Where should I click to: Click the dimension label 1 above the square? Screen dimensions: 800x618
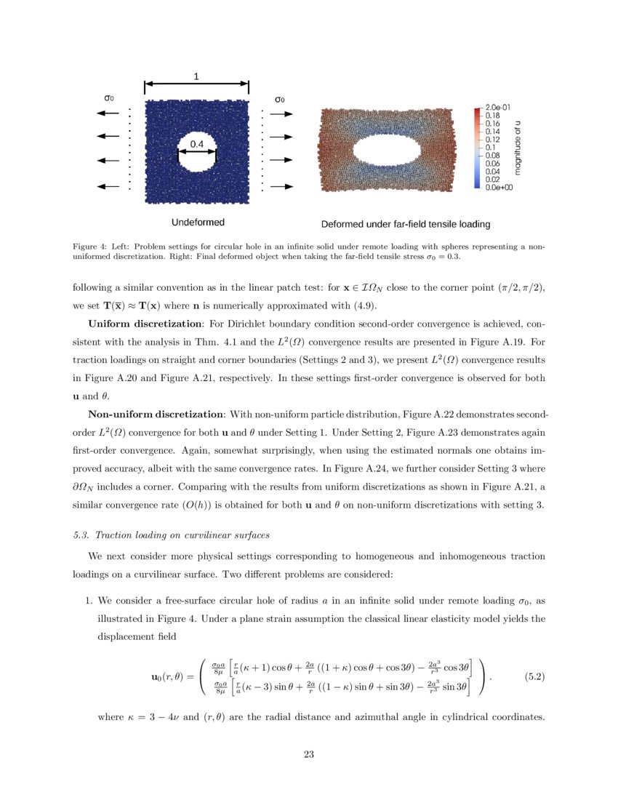point(196,76)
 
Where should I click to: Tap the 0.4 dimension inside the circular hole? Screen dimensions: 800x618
point(197,145)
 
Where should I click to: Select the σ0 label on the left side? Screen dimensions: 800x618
point(109,97)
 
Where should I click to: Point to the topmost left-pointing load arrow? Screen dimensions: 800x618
point(108,113)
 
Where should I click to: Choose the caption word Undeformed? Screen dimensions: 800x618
point(198,222)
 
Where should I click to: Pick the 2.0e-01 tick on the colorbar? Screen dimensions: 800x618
point(497,107)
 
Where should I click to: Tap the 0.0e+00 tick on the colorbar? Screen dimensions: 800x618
point(499,187)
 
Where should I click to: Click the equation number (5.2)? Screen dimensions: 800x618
point(534,676)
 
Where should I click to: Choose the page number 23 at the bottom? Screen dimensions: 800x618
point(309,754)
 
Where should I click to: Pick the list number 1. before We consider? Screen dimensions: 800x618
point(89,601)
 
